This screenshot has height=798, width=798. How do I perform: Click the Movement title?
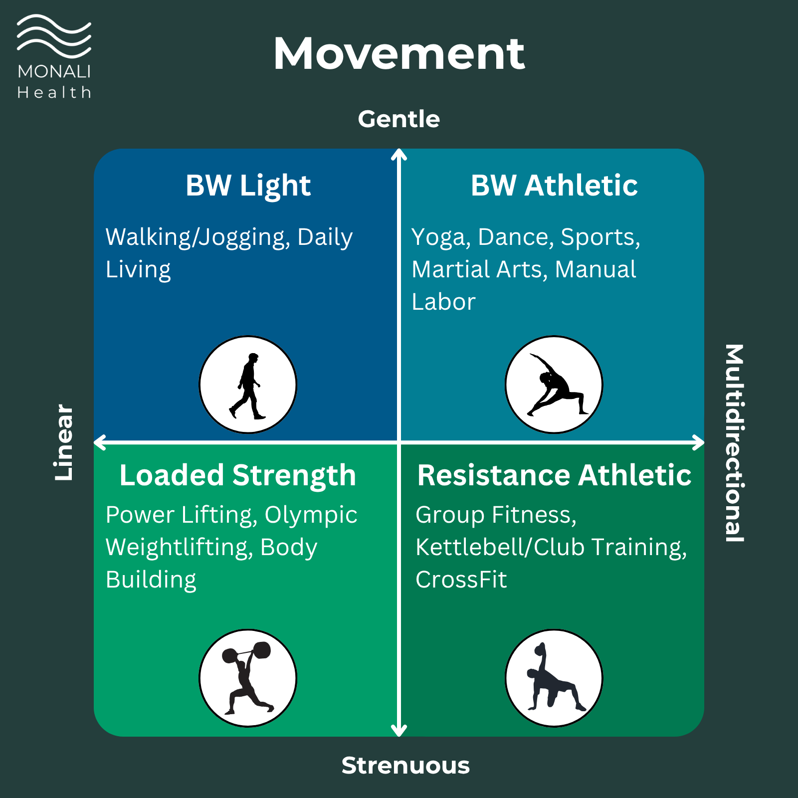coord(399,54)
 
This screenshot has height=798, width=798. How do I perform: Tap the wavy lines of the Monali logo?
coord(54,36)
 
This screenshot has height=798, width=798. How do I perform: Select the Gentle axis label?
coord(399,119)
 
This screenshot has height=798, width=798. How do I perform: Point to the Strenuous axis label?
coord(405,766)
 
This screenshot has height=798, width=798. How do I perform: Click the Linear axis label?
coord(64,442)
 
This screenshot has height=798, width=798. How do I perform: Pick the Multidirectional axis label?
coord(734,442)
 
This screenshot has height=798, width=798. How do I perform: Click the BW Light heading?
coord(248,186)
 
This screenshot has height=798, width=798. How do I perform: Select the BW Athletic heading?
coord(554,186)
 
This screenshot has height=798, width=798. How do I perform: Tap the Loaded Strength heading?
coord(238,475)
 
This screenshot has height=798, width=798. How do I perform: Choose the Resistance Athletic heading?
coord(554,475)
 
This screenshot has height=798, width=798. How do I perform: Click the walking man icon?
coord(248,385)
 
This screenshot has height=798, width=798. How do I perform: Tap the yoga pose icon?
coord(554,385)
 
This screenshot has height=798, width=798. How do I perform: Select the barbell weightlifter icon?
coord(248,678)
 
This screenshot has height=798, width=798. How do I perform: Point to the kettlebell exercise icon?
coord(554,678)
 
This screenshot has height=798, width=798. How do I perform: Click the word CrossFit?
coord(461,580)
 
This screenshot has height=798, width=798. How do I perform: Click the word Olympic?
coord(311,515)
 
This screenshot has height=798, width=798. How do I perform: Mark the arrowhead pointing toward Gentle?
coord(399,155)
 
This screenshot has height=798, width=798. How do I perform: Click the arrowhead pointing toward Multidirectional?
coord(698,442)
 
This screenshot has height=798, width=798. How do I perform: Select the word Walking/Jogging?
coord(198,237)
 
